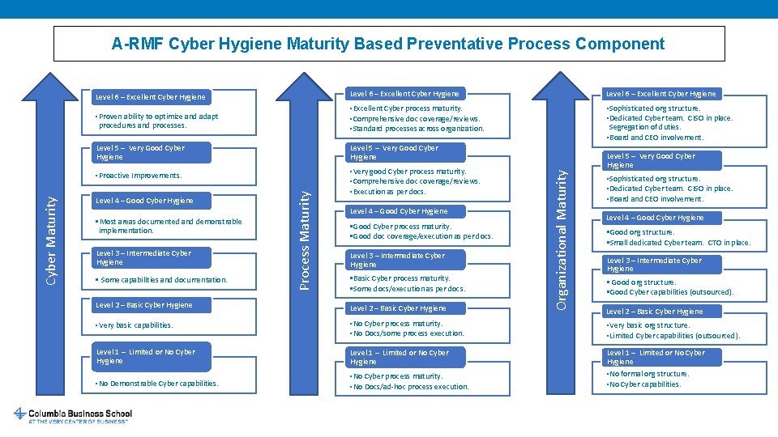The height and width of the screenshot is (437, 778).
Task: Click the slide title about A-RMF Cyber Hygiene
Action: [x=388, y=44]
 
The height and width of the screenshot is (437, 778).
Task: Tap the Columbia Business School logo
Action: [x=73, y=415]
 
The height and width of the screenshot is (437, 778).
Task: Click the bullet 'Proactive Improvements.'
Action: [x=139, y=176]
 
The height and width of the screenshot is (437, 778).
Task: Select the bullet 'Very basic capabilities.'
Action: [x=135, y=325]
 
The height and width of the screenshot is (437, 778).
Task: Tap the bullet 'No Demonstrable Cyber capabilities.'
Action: [x=156, y=384]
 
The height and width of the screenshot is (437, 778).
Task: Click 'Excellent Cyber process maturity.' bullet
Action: [x=405, y=108]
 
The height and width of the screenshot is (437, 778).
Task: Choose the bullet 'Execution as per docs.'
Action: [x=387, y=192]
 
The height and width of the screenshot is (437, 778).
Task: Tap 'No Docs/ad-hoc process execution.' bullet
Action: [x=408, y=387]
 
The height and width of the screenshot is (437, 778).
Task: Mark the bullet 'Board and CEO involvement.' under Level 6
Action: [x=655, y=138]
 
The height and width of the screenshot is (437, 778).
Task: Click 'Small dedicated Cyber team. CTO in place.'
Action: [x=678, y=243]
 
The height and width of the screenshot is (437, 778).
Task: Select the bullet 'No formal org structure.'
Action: [x=648, y=374]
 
